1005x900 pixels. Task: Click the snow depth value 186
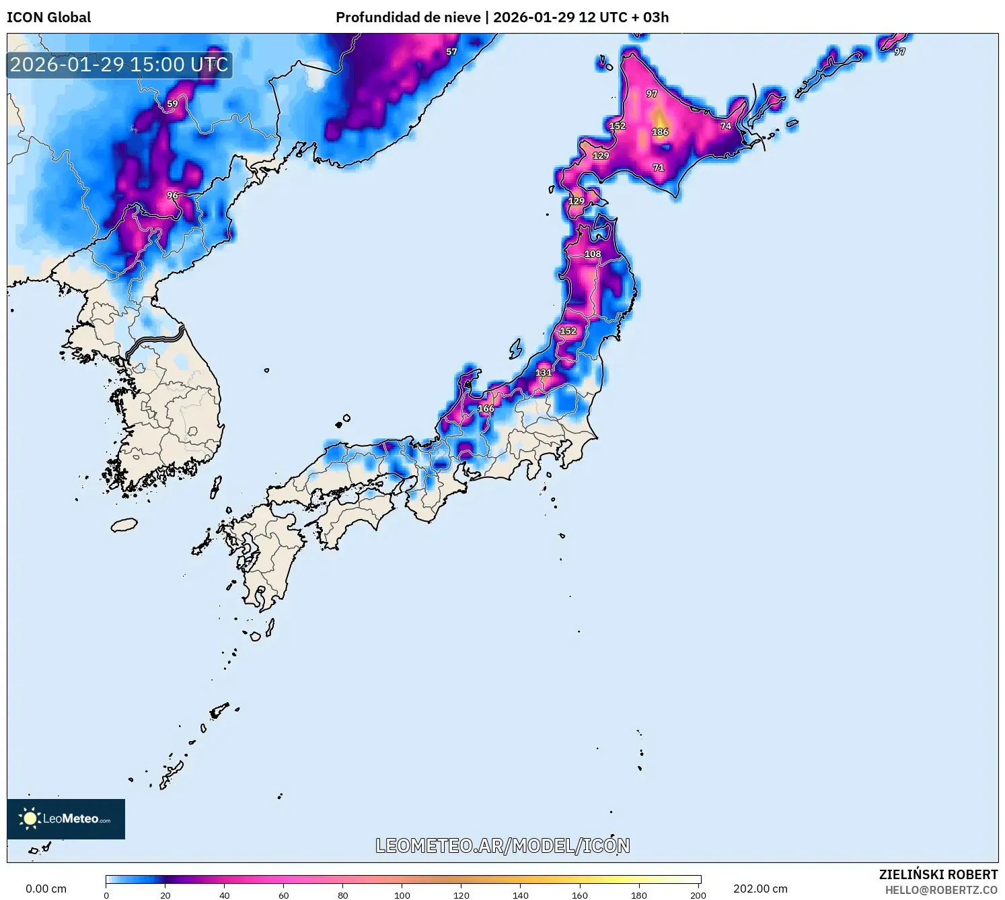[660, 132]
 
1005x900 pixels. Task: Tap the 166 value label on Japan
[486, 409]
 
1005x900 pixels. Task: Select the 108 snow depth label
[592, 254]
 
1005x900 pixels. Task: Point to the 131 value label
[543, 373]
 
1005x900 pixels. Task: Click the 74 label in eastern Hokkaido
[725, 126]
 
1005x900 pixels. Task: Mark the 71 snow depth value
[658, 168]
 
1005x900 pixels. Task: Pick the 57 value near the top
[451, 52]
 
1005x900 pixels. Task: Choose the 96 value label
[172, 196]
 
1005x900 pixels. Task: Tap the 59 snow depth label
[172, 104]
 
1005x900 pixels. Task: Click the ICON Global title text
[48, 18]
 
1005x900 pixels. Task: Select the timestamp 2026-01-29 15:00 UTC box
[119, 65]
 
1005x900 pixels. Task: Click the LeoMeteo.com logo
[66, 819]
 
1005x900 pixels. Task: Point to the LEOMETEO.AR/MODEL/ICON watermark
[502, 846]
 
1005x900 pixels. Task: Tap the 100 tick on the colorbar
[402, 895]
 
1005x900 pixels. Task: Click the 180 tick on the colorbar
[638, 895]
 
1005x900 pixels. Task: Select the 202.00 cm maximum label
[760, 889]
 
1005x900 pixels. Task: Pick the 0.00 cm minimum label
[46, 889]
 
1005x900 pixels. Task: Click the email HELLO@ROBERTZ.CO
[941, 890]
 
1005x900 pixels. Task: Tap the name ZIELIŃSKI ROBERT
[938, 874]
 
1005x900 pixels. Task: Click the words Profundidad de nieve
[408, 18]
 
